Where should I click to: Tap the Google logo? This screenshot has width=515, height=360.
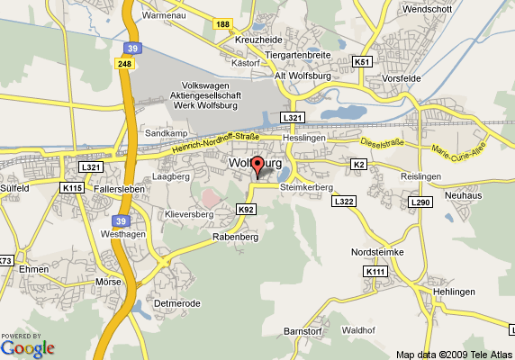27,346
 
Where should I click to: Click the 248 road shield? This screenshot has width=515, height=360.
124,63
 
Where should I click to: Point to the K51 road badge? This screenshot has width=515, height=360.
362,62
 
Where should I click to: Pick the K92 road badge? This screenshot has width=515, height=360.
246,209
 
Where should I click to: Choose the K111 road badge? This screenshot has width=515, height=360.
375,271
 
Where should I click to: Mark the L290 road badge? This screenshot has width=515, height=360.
420,202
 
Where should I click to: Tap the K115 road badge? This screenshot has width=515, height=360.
73,187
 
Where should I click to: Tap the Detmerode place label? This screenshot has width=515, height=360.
176,303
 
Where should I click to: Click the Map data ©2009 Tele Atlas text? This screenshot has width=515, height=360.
454,354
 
